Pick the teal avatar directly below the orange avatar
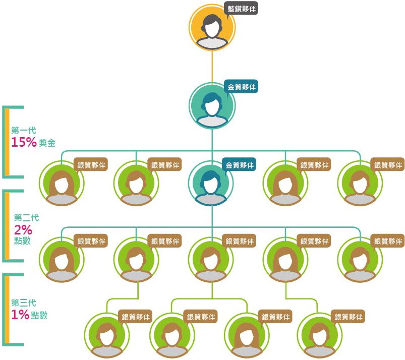click(212, 106)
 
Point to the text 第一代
click(24, 131)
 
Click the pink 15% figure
click(24, 142)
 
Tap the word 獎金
click(47, 143)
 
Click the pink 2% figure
click(24, 229)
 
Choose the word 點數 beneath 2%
click(23, 241)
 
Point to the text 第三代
click(24, 303)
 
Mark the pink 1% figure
click(20, 315)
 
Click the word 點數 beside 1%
click(39, 315)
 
